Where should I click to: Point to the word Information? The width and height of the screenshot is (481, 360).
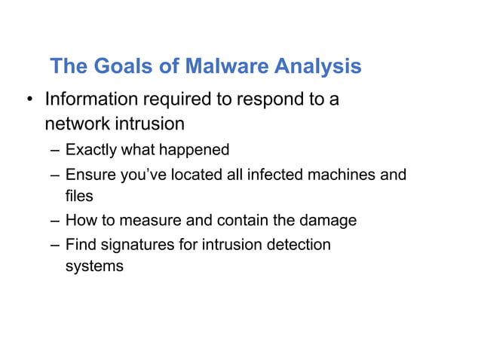coord(92,99)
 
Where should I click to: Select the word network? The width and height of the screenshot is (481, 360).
coord(76,123)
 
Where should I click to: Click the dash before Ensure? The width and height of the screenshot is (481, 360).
coord(56,175)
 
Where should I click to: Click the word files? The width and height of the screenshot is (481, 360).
coord(78,196)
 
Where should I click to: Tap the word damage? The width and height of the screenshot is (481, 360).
coord(329,221)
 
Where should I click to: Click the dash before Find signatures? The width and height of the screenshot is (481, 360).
coord(56,245)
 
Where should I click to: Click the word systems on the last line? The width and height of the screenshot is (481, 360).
coord(94,266)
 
